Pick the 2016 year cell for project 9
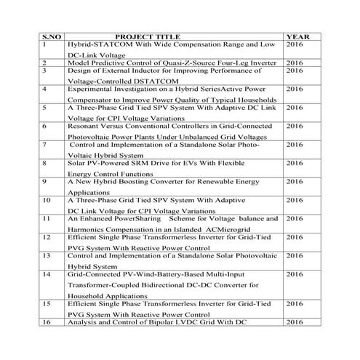point(295,181)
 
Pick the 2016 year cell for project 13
point(295,255)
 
